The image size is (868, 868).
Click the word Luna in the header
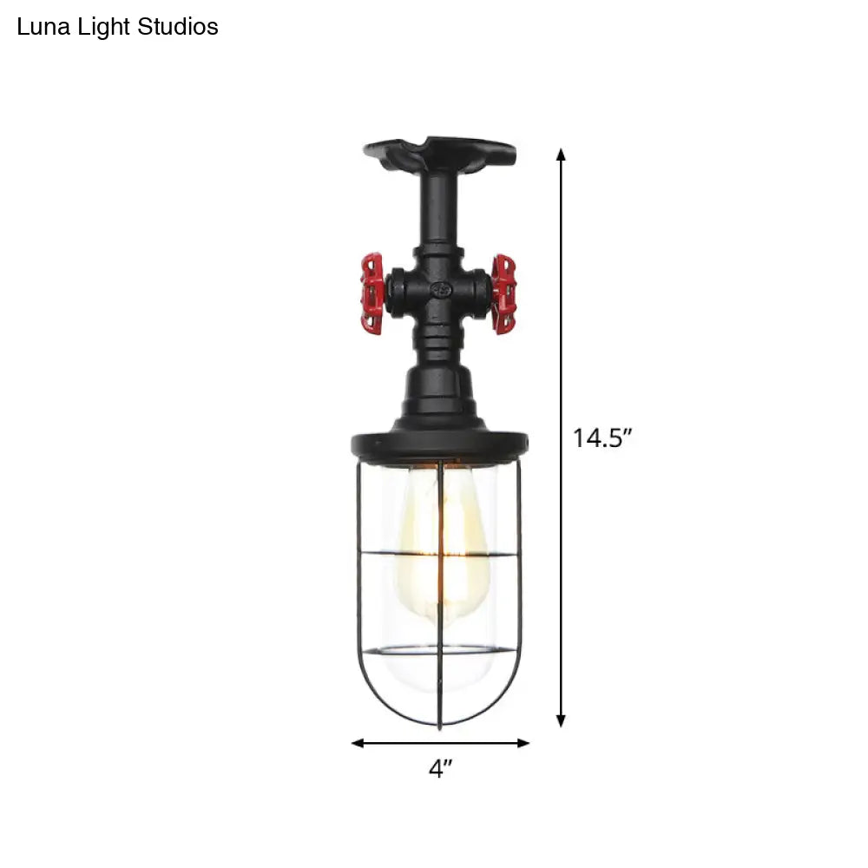pos(43,27)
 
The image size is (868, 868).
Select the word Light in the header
pos(103,28)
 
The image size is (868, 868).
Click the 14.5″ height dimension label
pos(602,437)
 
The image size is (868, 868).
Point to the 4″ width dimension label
pos(440,769)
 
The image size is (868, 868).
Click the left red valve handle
pos(372,293)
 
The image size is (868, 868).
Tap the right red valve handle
pos(503,294)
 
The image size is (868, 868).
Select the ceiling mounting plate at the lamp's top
pos(439,153)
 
